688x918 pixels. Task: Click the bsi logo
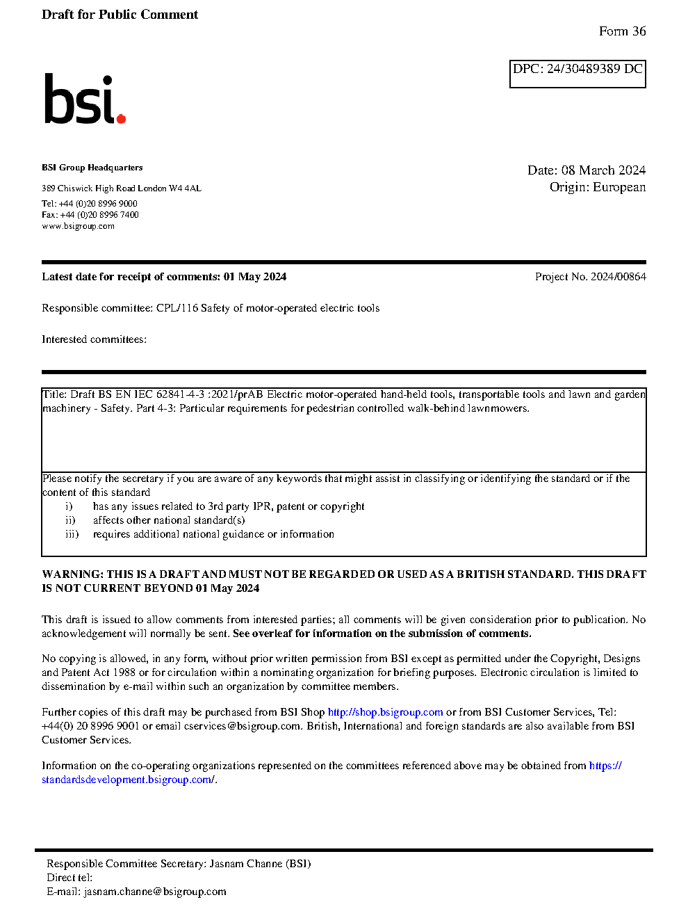pos(84,99)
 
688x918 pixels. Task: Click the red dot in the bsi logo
pos(121,119)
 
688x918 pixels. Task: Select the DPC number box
pos(578,74)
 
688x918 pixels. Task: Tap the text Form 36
pos(622,31)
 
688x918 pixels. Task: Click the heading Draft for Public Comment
pos(120,15)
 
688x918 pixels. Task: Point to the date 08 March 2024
pos(603,170)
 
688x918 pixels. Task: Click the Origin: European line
pos(597,187)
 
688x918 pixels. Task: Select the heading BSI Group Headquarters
pos(92,168)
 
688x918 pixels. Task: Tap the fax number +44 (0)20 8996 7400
pos(99,215)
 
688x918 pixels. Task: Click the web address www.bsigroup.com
pos(78,226)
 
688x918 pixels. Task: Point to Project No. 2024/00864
pos(590,277)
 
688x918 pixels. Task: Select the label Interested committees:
pos(94,339)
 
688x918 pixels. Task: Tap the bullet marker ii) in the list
pos(70,520)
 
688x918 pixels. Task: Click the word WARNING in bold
pos(72,574)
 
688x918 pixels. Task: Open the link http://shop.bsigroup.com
pos(385,712)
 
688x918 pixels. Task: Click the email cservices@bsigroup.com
pos(242,726)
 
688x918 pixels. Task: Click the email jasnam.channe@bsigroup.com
pos(155,892)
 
